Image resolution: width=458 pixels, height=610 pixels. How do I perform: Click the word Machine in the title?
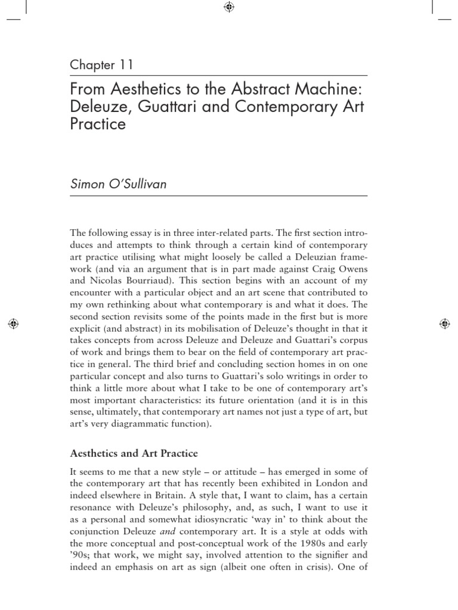[x=332, y=89]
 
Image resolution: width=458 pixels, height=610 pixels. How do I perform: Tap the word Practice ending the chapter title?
[x=98, y=125]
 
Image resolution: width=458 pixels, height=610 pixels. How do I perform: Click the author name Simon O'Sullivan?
[x=118, y=184]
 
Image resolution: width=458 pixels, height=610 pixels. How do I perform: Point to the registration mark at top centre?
[x=229, y=7]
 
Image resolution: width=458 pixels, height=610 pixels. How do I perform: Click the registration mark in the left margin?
[x=14, y=323]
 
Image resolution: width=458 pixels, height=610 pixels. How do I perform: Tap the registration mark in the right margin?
[x=444, y=323]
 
